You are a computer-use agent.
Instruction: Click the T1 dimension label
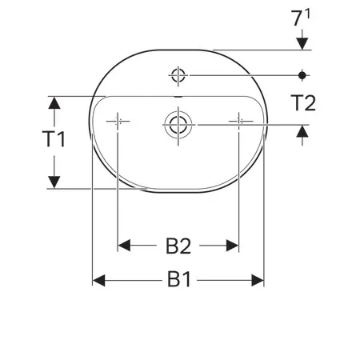pos(54,139)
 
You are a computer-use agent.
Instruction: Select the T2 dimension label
pos(303,103)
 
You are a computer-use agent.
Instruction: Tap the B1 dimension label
pos(179,279)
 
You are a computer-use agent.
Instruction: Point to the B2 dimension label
pos(178,246)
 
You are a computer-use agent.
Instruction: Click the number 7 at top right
pos(297,18)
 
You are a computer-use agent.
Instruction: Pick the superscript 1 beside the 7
pos(307,14)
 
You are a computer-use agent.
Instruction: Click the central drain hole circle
pos(178,125)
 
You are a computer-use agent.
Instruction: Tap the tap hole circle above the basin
pos(178,75)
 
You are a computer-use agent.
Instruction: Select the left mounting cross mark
pos(118,122)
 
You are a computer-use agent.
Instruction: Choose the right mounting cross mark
pos(239,122)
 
